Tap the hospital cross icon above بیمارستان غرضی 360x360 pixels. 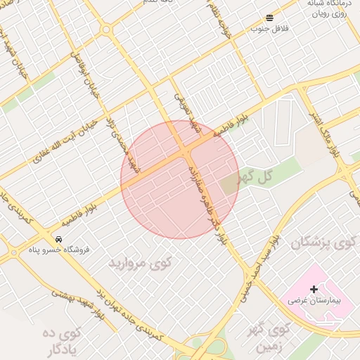pyautogui.click(x=314, y=288)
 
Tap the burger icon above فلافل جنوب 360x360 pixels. pyautogui.click(x=270, y=18)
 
